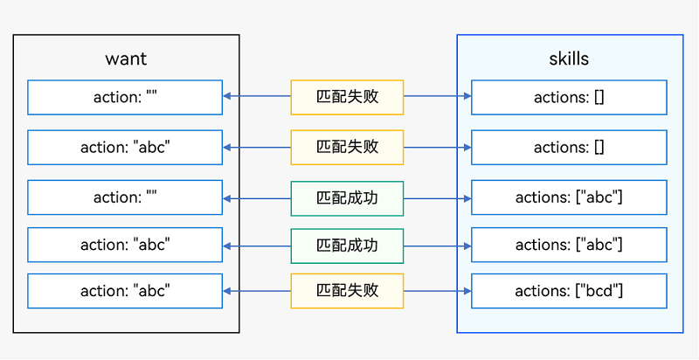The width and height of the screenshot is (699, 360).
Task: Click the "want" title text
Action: (x=126, y=59)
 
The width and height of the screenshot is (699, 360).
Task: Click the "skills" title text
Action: (x=569, y=59)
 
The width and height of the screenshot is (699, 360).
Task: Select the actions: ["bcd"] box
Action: (x=569, y=291)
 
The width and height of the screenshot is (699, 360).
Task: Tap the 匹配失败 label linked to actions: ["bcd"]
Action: (x=347, y=291)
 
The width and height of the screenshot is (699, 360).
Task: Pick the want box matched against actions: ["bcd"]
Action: (x=125, y=291)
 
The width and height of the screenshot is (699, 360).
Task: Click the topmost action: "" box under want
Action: (x=125, y=97)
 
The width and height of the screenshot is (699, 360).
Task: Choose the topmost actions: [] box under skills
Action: (x=569, y=97)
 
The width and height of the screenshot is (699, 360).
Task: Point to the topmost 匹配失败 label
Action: (x=347, y=97)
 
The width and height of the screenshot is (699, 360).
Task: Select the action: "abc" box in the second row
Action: (x=125, y=147)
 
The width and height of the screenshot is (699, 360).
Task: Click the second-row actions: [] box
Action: (x=569, y=147)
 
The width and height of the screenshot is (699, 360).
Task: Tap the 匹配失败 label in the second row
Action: (x=347, y=147)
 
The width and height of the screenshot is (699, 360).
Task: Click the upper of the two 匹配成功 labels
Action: (x=347, y=197)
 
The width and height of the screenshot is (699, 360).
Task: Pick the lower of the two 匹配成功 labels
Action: (x=347, y=246)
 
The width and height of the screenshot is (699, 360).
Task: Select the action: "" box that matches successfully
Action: (x=125, y=197)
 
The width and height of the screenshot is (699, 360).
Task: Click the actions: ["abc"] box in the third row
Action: (x=569, y=197)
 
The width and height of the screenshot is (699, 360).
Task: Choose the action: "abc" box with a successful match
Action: (x=125, y=246)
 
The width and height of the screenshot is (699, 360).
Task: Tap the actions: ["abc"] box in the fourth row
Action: (x=569, y=246)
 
